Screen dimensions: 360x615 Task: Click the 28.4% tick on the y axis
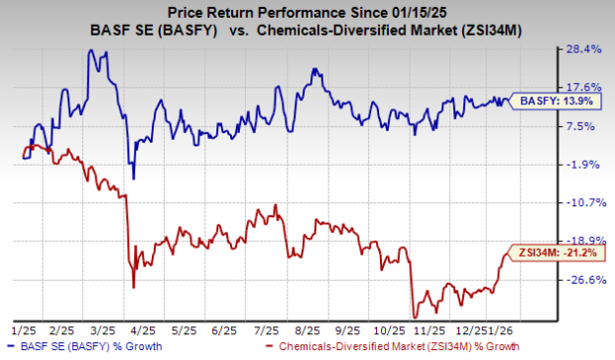pos(586,49)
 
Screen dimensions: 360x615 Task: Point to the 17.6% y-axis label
pos(586,87)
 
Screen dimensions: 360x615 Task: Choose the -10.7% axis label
pos(586,202)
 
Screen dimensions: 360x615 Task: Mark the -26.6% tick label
pos(586,280)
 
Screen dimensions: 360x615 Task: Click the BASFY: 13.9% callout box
pos(545,99)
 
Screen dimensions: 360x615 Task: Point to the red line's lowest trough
pos(411,317)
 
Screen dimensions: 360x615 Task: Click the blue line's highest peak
pos(92,51)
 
